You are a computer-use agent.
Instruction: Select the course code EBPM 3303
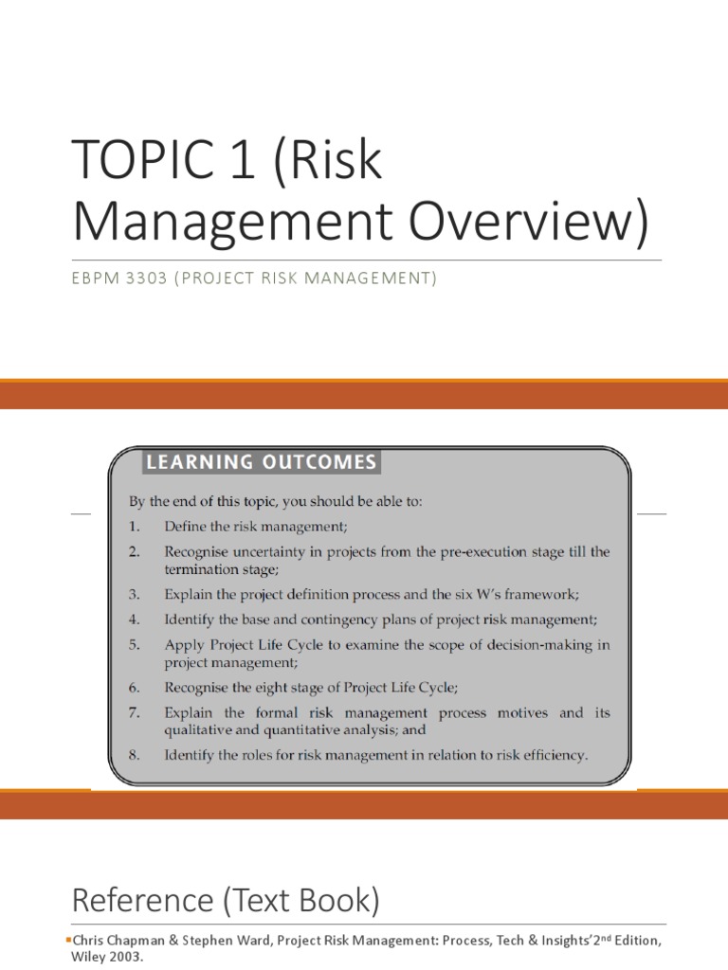118,279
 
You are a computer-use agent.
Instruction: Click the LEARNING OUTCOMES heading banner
261,462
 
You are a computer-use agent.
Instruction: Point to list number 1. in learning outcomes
134,526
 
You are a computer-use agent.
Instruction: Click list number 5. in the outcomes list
134,644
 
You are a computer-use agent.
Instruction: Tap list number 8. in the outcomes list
134,755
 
